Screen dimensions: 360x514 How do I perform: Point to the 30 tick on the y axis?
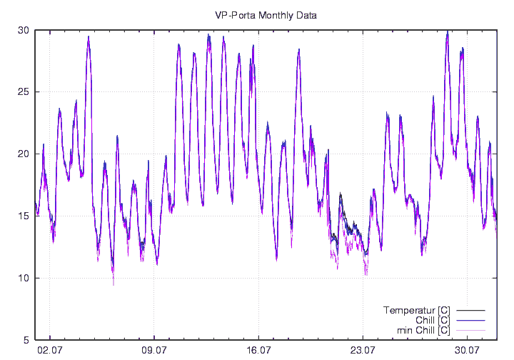(24, 30)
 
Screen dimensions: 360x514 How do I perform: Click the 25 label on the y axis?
(24, 92)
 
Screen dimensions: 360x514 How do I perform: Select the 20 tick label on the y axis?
(24, 154)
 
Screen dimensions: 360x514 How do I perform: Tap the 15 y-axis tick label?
(24, 216)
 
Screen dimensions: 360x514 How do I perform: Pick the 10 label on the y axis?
(24, 278)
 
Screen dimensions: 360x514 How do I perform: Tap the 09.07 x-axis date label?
(154, 350)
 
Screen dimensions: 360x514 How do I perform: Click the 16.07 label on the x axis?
(258, 350)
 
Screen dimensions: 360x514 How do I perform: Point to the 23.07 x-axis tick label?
(363, 350)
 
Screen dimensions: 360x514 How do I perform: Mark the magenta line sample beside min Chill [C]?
(470, 330)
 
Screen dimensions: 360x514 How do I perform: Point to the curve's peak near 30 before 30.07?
(447, 32)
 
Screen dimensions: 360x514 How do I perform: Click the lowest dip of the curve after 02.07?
(113, 283)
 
